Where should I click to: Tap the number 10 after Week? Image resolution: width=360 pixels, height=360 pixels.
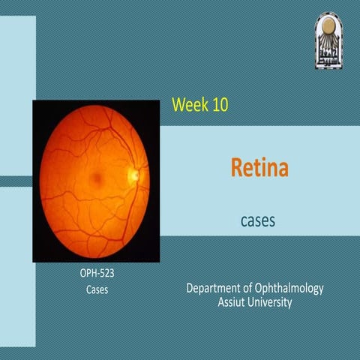219,104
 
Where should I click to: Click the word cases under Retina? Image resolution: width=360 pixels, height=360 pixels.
259,221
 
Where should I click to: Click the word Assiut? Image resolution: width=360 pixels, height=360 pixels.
233,302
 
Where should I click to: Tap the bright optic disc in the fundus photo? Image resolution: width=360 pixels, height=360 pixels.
133,175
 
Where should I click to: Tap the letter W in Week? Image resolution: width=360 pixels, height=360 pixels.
178,104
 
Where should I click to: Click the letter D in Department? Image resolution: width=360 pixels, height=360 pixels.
189,288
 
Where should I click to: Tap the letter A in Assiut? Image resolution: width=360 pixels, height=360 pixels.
220,302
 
